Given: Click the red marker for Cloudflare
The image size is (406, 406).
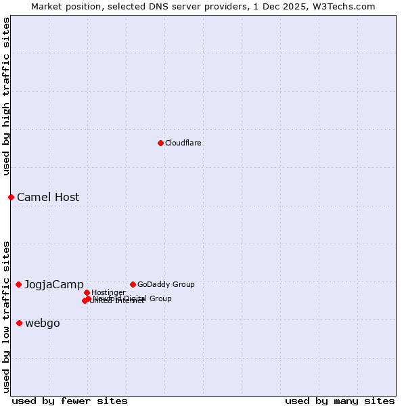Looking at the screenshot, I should pos(160,143).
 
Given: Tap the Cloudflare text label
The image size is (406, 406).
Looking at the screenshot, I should pos(183,143).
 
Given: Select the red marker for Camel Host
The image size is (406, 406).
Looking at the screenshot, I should pos(11,197).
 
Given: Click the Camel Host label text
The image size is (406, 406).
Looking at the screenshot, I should pos(48,198).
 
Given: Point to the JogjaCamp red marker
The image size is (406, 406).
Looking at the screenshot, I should pos(18,284).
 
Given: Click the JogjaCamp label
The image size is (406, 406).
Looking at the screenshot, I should pos(54,285).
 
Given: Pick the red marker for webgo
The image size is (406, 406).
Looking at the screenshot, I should pos(19,323).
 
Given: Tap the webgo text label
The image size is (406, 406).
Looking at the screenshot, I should pos(43,323).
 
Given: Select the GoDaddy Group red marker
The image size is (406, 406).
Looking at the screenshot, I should pos(133,284).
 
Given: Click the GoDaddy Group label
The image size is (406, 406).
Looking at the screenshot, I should pos(166,284).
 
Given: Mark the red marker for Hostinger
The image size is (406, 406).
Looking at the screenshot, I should pos(87,292).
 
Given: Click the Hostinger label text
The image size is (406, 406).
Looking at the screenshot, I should pos(108,292).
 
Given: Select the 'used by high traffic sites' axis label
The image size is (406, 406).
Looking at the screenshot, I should pos(6,96).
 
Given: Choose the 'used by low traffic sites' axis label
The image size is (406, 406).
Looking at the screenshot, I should pos(6,317).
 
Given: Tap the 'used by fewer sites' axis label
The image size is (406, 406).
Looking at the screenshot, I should pos(70,401).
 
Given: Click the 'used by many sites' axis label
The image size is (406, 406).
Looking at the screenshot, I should pos(340,401).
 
